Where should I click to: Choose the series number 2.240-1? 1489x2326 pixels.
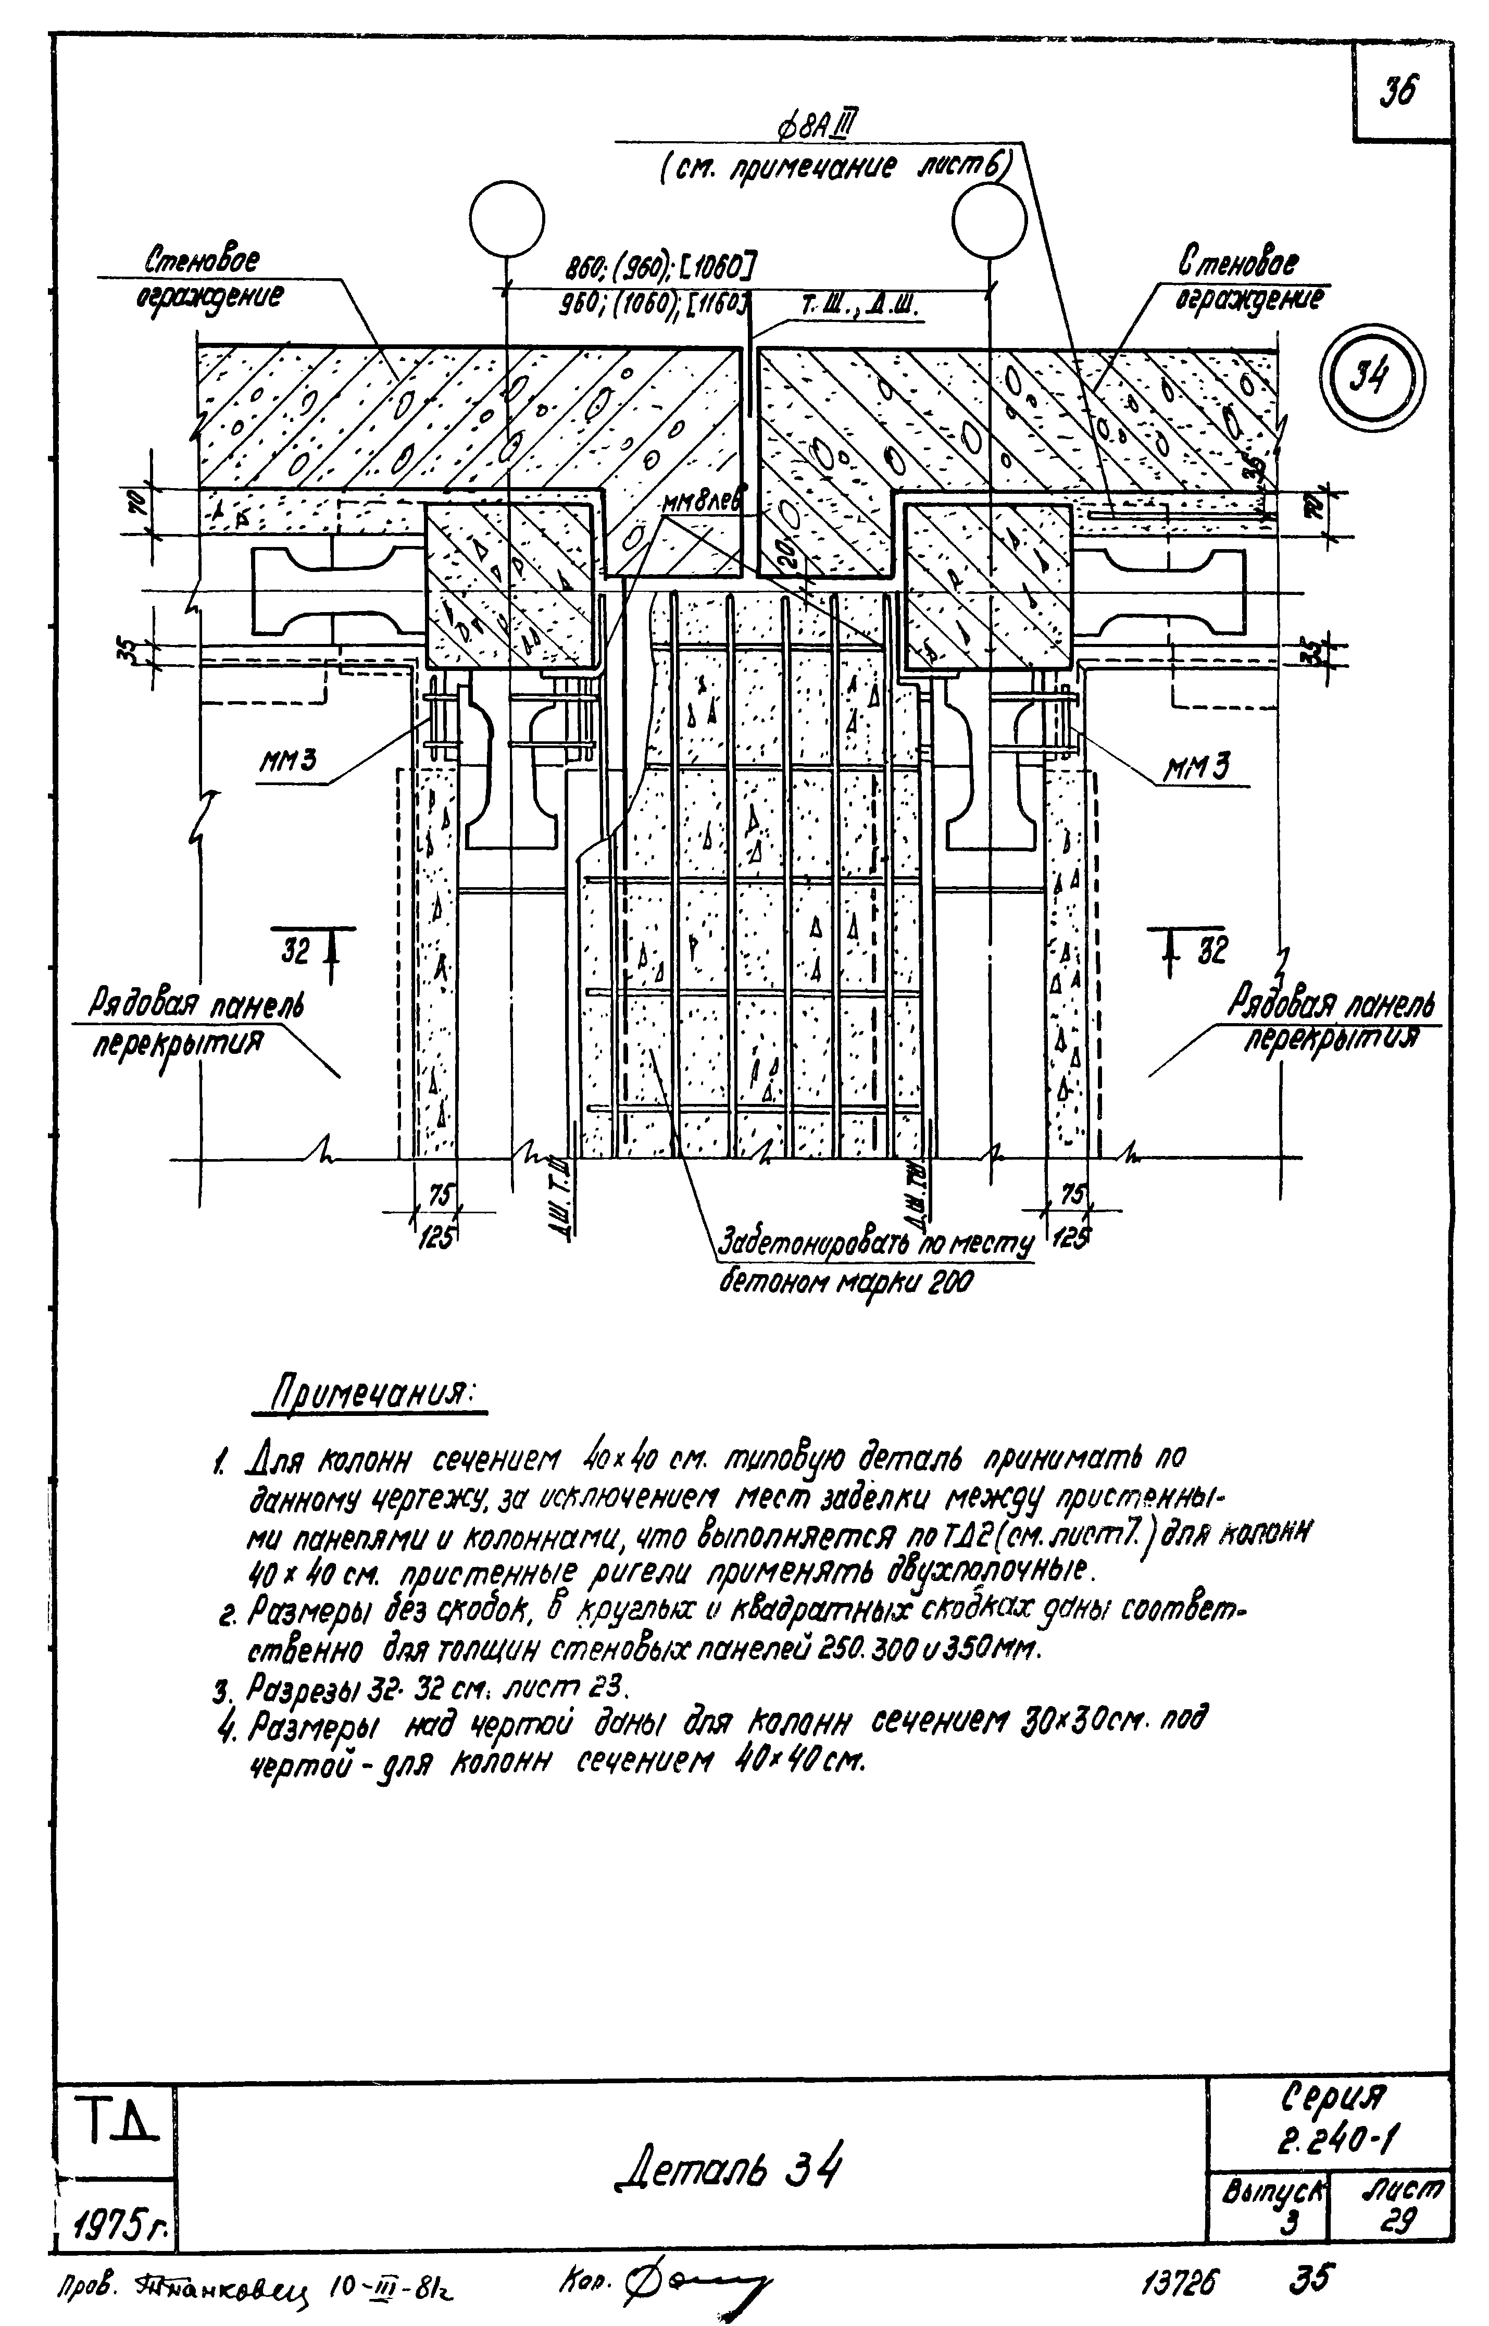tap(1331, 2127)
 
